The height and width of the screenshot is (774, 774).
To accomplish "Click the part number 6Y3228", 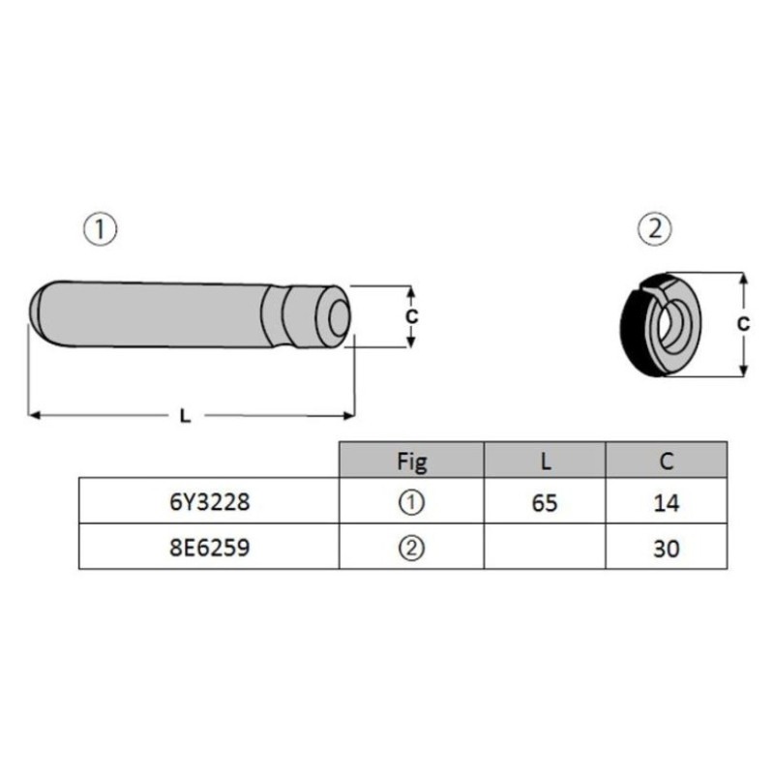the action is pyautogui.click(x=210, y=502).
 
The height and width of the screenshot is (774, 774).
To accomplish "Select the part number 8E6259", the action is pyautogui.click(x=210, y=548).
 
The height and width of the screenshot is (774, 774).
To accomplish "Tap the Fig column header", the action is pyautogui.click(x=412, y=462).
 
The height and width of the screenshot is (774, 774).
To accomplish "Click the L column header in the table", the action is pyautogui.click(x=546, y=461).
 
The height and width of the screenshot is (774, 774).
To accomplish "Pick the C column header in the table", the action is pyautogui.click(x=667, y=461).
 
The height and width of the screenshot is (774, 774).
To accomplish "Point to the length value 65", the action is pyautogui.click(x=545, y=503).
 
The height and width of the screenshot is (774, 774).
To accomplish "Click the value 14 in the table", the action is pyautogui.click(x=667, y=503).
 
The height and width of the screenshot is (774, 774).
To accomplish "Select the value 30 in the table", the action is pyautogui.click(x=667, y=549).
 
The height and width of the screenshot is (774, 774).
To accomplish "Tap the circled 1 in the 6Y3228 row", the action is pyautogui.click(x=411, y=502).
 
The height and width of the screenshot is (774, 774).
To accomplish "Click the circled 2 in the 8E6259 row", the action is pyautogui.click(x=411, y=548).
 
